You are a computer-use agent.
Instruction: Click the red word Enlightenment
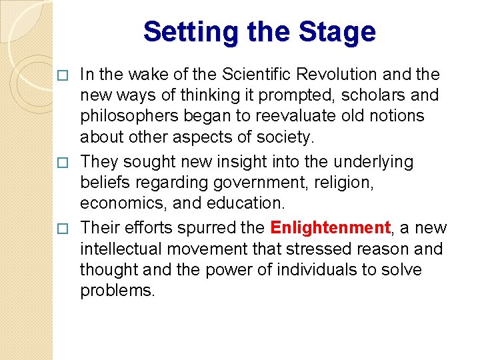[x=330, y=228]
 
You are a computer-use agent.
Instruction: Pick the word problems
[x=117, y=290]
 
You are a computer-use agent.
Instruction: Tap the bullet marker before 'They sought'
[x=63, y=162]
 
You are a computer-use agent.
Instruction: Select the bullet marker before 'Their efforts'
[x=63, y=229]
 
